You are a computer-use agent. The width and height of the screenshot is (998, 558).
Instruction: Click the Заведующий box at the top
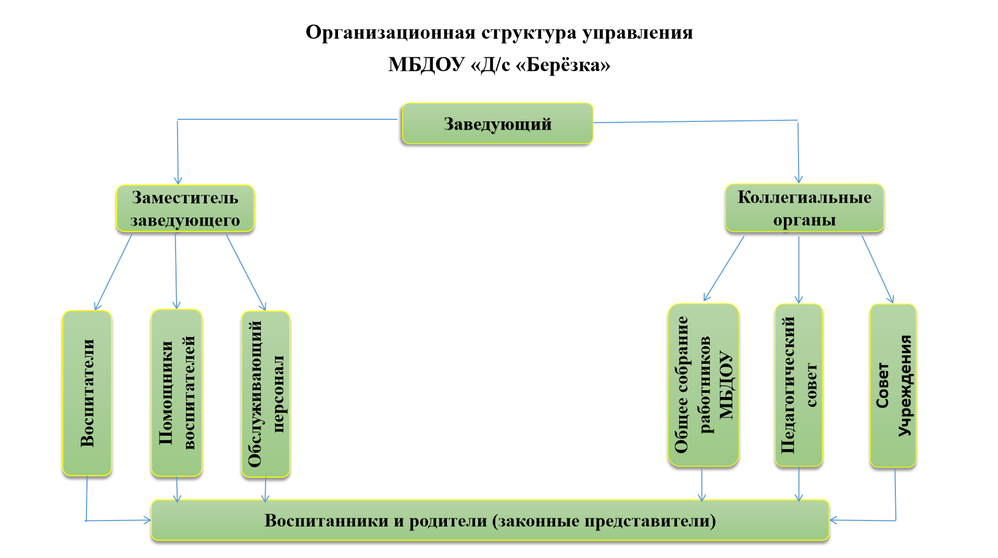[x=497, y=123]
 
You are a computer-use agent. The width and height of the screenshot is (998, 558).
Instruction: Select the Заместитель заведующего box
[x=185, y=208]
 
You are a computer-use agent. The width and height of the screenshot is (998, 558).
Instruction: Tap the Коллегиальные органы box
[x=804, y=208]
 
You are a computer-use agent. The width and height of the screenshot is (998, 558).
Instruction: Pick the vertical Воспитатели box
[x=87, y=393]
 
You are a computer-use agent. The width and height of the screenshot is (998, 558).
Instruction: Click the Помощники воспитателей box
[x=177, y=393]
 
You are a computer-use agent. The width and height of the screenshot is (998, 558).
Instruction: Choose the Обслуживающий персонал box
[x=266, y=394]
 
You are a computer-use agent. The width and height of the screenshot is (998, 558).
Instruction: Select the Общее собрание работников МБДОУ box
[x=703, y=385]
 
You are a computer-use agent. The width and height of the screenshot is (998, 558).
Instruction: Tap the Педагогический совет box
[x=799, y=385]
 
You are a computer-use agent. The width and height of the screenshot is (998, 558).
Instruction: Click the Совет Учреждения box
[x=893, y=386]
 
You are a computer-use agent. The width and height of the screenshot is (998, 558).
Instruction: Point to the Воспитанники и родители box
[x=490, y=520]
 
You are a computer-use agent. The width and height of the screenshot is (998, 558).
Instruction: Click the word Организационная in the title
[x=391, y=32]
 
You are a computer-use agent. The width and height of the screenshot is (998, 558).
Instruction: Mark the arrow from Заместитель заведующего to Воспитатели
[x=113, y=272]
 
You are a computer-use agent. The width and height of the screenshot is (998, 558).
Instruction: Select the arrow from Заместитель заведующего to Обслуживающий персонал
[x=246, y=272]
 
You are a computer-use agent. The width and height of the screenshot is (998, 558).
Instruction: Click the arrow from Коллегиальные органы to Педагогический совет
[x=799, y=270]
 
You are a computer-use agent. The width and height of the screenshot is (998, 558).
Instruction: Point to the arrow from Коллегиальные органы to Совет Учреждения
[x=878, y=269]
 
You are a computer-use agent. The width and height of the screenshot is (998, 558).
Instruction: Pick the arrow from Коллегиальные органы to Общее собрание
[x=723, y=269]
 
